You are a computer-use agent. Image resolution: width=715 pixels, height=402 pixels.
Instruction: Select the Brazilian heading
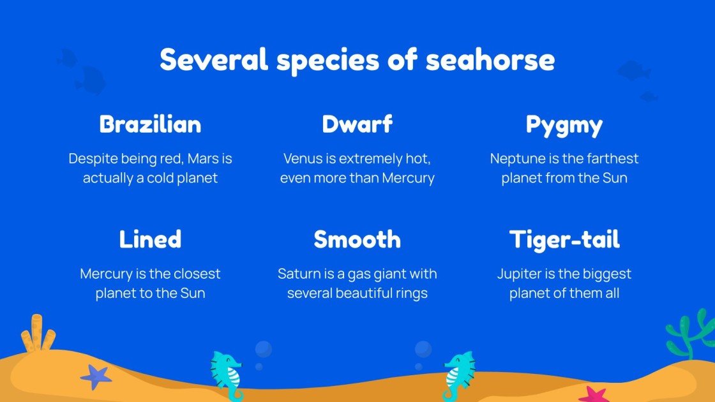pos(151,124)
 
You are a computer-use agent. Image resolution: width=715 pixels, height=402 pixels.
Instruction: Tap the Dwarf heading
pos(357,124)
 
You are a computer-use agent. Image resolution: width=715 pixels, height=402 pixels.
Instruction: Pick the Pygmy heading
pos(564,125)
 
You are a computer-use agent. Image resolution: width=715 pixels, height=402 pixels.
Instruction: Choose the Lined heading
pos(151,239)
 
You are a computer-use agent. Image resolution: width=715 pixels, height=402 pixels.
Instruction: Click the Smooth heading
pos(357,239)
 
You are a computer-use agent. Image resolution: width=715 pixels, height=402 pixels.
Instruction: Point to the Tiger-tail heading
pos(564,239)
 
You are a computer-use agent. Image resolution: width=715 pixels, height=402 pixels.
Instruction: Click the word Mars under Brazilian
pos(202,158)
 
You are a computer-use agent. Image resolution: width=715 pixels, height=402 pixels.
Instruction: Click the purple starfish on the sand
pos(96,376)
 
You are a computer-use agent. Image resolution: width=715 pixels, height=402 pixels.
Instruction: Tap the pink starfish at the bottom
pos(594,395)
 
